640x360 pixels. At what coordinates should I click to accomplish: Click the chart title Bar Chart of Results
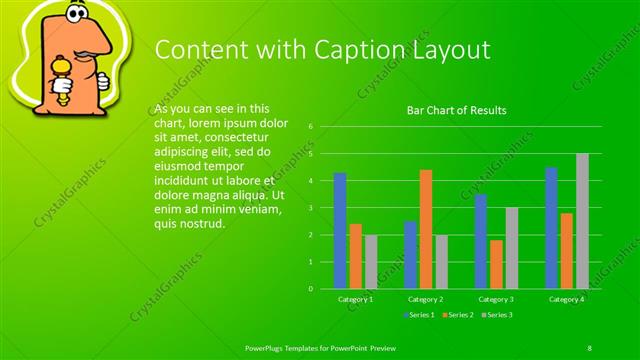coord(456,110)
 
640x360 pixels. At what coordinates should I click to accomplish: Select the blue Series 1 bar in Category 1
coord(340,231)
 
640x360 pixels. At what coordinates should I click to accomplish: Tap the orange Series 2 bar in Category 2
coord(426,229)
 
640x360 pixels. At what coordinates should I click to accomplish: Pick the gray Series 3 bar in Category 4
coord(582,221)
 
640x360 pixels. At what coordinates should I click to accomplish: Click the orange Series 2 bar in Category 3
coord(496,264)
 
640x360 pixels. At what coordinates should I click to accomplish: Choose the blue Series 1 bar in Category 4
coord(551,228)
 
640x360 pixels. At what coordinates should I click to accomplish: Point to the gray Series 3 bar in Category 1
coord(371,262)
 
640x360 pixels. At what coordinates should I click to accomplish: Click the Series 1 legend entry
coord(420,315)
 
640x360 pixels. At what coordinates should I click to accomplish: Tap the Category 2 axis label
coord(426,299)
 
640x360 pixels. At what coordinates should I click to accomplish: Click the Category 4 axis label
coord(567,299)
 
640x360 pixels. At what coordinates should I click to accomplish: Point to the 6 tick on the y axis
coord(311,127)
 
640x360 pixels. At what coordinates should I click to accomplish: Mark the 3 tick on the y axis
coord(311,208)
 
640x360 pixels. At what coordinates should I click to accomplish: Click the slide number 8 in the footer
coord(589,347)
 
